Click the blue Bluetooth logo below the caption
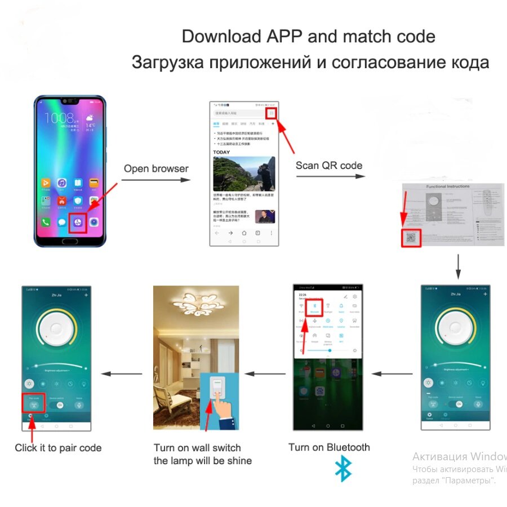[x=343, y=469]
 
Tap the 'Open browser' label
[x=156, y=168]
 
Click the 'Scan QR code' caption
[x=329, y=165]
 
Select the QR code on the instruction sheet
[x=411, y=238]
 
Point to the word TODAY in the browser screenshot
[x=221, y=152]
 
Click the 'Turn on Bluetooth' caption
[x=329, y=447]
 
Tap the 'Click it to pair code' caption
[x=58, y=448]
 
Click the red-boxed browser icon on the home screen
[x=77, y=222]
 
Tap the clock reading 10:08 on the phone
[x=59, y=118]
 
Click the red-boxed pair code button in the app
[x=34, y=403]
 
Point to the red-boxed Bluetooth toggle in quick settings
[x=314, y=305]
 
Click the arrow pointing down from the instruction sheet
[x=458, y=266]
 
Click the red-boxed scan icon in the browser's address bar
[x=272, y=113]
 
